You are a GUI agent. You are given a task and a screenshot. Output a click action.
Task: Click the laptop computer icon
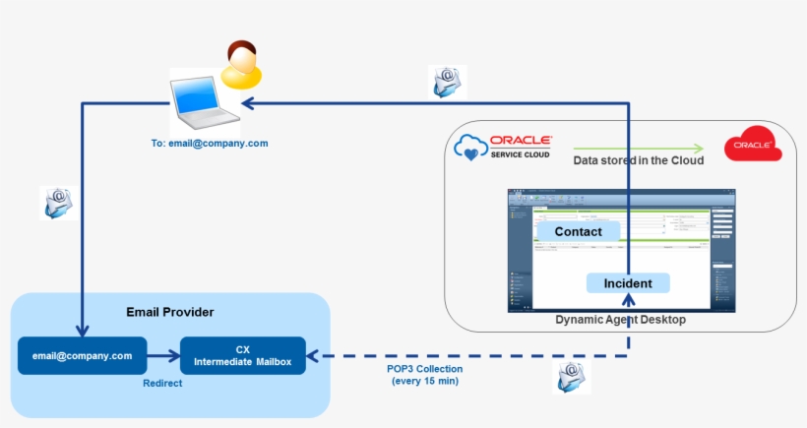(204, 102)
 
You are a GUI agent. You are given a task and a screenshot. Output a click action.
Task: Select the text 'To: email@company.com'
(210, 144)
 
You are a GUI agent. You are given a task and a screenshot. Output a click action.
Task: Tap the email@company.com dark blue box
(83, 355)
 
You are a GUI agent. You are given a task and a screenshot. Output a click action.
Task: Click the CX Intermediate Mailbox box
(243, 355)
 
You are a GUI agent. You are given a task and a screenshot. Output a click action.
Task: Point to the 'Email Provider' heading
(170, 312)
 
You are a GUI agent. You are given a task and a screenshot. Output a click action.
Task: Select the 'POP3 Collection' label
(424, 369)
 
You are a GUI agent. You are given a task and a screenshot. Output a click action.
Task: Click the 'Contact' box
(578, 231)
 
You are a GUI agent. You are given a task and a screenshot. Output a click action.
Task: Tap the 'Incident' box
(628, 283)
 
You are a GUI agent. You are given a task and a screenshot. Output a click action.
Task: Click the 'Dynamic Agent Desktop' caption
(620, 320)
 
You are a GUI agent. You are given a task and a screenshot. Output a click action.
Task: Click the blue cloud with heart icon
(470, 148)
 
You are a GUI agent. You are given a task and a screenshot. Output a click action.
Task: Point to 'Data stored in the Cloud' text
(639, 160)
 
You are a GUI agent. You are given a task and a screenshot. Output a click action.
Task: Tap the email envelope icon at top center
(447, 82)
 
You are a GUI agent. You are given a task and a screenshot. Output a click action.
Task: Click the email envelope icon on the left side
(58, 203)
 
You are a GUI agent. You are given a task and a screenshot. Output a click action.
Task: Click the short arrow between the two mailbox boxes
(163, 355)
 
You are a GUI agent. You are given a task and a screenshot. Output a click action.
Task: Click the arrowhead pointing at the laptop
(248, 102)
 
